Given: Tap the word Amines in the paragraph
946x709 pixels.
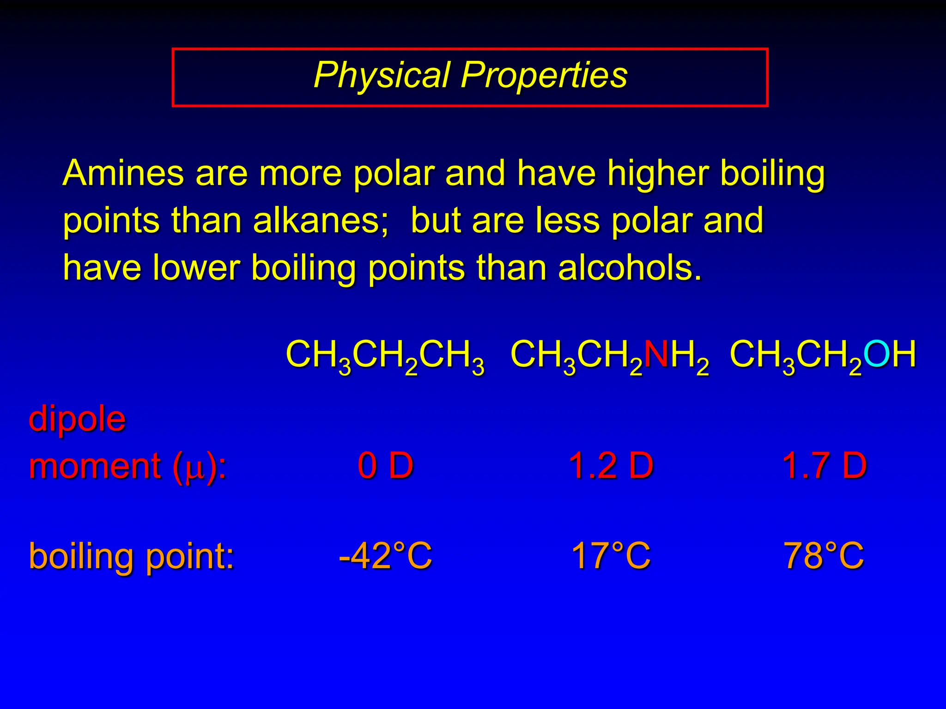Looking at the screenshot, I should click(x=123, y=173).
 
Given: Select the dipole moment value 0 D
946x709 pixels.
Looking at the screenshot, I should click(x=385, y=465).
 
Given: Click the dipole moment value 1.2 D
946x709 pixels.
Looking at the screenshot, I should click(x=611, y=465).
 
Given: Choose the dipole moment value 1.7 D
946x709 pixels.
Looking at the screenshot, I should click(x=824, y=465).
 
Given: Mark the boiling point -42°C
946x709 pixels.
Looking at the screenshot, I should click(x=385, y=556).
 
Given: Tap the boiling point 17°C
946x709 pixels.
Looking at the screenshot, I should click(x=611, y=556).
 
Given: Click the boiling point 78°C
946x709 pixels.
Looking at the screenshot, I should click(x=824, y=556).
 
